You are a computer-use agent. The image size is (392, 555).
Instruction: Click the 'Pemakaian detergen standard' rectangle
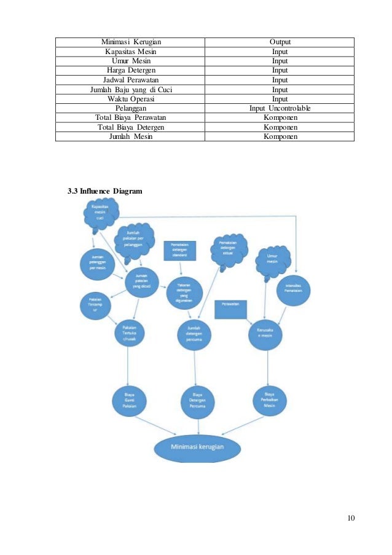point(179,250)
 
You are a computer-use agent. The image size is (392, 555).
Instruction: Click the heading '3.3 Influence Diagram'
point(104,191)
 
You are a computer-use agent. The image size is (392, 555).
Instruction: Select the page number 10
point(350,518)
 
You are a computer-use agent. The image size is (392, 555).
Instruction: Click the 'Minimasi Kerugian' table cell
point(130,42)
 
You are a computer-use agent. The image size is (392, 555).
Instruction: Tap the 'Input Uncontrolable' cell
point(280,108)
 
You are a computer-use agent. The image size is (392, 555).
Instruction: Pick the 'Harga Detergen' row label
point(130,71)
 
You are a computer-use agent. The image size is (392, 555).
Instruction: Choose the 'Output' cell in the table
point(280,42)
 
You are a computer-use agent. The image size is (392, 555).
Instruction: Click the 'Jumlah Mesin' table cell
point(130,136)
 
